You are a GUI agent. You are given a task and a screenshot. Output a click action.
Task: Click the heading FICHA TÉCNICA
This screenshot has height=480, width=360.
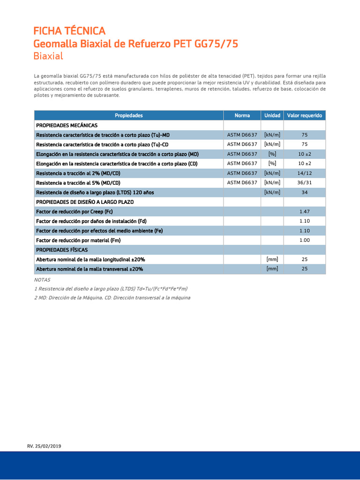point(69,31)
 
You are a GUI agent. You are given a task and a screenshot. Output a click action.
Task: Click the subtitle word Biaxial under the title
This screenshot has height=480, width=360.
point(48,56)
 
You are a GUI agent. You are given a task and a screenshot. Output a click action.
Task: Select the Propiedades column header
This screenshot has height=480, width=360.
point(128,115)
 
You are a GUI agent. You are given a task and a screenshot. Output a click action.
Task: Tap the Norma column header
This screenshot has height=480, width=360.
point(242,115)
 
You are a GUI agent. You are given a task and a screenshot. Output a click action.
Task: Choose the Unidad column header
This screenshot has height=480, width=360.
point(272,115)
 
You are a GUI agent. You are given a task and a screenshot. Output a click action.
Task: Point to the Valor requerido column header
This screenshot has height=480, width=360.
point(305,115)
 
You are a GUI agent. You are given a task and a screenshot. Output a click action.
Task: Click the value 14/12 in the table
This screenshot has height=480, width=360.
point(305,173)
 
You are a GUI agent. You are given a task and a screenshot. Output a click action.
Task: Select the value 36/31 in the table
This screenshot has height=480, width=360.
point(305,183)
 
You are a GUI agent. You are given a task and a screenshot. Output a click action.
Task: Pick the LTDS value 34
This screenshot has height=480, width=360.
point(305,192)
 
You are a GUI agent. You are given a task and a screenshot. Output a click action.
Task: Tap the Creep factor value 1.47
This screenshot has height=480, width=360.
point(305,211)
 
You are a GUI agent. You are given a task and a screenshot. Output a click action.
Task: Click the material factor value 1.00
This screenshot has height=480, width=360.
point(305,240)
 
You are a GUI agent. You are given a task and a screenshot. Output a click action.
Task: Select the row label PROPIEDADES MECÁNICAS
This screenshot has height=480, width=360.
point(67,125)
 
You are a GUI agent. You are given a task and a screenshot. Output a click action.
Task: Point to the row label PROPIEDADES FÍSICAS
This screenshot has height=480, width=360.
point(62,250)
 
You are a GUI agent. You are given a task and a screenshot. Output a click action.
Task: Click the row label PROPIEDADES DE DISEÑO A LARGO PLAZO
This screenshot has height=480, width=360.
point(85,202)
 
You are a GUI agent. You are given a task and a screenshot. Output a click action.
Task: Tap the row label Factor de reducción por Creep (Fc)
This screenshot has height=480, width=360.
point(75,211)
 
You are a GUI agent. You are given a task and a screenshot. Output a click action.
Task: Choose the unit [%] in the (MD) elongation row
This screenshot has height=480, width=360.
point(272,154)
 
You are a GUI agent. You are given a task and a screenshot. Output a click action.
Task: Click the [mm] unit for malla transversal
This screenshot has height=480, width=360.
point(272,269)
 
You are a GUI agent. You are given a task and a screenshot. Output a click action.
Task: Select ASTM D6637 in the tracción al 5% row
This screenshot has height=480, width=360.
point(242,183)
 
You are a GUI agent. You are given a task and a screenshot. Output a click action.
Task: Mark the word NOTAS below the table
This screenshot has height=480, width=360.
point(42,279)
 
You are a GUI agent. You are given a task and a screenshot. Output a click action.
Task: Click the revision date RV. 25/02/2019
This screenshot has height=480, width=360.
point(44,446)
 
